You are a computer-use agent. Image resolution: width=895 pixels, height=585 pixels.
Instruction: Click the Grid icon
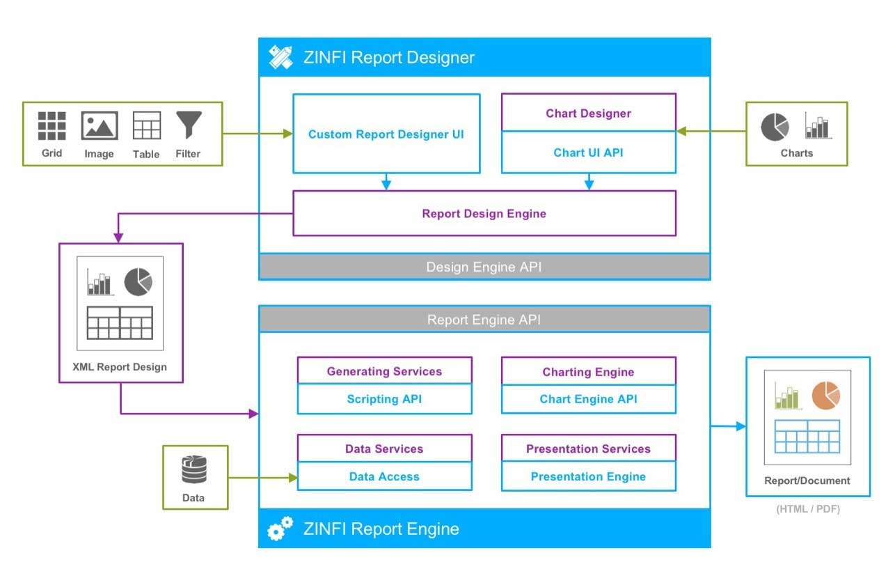(52, 126)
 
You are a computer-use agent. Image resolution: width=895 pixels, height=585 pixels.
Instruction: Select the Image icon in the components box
(99, 126)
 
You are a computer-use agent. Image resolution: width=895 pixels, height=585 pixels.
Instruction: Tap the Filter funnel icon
(188, 125)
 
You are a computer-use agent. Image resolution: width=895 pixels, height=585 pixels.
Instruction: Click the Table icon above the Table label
(146, 125)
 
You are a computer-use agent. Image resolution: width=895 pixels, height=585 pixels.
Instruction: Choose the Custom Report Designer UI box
(386, 134)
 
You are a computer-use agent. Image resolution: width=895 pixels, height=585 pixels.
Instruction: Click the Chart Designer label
(588, 113)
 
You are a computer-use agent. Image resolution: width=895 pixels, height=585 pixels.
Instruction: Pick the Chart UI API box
(588, 153)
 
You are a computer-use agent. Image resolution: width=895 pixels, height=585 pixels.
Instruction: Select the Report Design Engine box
(484, 214)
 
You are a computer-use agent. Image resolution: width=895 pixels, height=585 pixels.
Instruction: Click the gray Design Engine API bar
(484, 267)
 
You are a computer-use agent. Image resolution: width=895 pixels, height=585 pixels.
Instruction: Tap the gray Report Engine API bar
(484, 320)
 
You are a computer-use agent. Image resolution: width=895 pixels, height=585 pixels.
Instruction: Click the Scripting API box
(384, 399)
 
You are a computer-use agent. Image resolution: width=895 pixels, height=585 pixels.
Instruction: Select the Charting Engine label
(588, 372)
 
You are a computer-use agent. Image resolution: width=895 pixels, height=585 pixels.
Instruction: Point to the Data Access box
(384, 476)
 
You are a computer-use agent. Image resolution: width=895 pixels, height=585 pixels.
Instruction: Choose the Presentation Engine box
(588, 476)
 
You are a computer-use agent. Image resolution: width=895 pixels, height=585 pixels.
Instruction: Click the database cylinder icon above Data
(194, 469)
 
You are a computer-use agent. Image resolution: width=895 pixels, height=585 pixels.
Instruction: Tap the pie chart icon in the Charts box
(775, 127)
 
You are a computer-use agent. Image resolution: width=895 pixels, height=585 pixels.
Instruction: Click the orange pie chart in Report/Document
(825, 395)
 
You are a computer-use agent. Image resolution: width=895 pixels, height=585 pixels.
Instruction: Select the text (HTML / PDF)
(807, 509)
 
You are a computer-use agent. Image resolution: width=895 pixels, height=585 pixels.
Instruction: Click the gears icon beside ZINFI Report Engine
(280, 530)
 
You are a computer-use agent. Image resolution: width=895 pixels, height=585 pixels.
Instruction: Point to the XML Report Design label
(120, 367)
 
